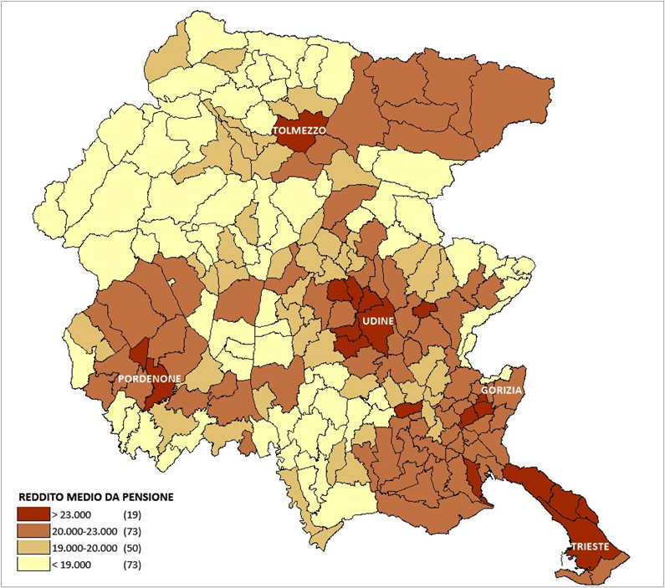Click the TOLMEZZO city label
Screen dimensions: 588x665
(299, 131)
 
